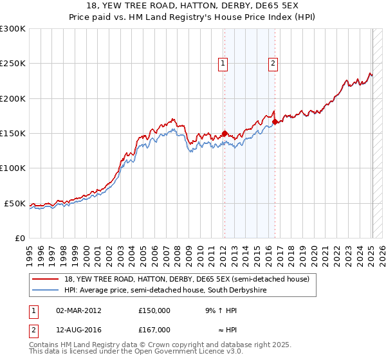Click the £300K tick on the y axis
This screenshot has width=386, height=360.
point(13,29)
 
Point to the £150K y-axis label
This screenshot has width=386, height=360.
point(13,134)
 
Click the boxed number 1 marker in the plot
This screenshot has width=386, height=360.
point(223,63)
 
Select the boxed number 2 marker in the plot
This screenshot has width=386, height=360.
point(273,63)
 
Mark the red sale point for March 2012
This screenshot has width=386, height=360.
point(225,134)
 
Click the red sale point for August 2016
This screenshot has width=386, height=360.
point(275,122)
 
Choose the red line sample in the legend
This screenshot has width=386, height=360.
point(46,279)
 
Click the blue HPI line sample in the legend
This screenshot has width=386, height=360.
point(46,291)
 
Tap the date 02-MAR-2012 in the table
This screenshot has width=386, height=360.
point(78,310)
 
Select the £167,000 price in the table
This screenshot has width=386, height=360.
point(154,330)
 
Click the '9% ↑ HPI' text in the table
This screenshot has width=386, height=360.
point(212,310)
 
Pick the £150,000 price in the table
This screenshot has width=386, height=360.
point(154,310)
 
